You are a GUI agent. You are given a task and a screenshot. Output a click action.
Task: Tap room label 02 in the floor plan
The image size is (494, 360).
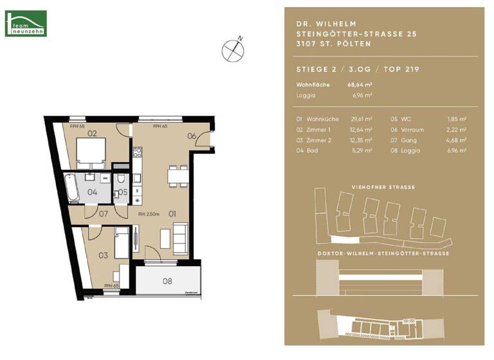coord(92,134)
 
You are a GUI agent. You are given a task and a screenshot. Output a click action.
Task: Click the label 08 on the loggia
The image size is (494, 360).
coord(167,280)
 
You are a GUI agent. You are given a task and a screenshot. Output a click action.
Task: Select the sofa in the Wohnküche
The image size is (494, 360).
coord(181,236)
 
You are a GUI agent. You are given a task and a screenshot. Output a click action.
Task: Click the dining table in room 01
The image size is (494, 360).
coord(174,175)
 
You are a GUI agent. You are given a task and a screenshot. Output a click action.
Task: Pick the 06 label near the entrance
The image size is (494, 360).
coord(192,136)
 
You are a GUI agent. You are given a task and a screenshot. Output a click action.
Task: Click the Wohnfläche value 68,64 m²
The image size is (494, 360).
coord(360,84)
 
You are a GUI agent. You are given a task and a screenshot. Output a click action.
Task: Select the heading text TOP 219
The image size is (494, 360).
coord(399,70)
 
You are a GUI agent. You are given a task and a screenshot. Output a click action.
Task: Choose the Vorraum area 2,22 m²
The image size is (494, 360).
coord(457,130)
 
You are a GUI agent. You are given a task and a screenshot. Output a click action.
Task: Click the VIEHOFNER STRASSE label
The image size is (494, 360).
coord(384,187)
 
